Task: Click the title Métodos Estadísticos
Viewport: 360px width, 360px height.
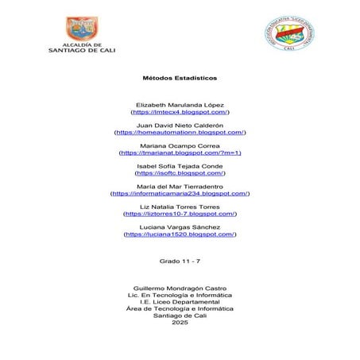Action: click(x=180, y=79)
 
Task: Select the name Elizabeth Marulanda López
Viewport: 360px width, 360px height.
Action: click(x=180, y=105)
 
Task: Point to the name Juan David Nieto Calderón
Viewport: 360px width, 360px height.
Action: click(x=180, y=126)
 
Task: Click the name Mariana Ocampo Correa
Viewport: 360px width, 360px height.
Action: click(x=180, y=145)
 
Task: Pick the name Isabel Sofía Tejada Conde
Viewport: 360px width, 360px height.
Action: click(x=180, y=165)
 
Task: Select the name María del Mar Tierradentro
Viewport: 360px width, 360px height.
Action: click(x=180, y=186)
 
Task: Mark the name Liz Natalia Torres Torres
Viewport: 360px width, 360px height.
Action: click(x=180, y=207)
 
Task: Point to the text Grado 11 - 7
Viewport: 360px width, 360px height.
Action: click(x=180, y=260)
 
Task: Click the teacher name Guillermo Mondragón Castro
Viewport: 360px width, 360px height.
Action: click(x=180, y=287)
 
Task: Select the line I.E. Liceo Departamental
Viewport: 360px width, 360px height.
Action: click(x=180, y=301)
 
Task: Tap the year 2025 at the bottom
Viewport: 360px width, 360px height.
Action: click(x=180, y=322)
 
